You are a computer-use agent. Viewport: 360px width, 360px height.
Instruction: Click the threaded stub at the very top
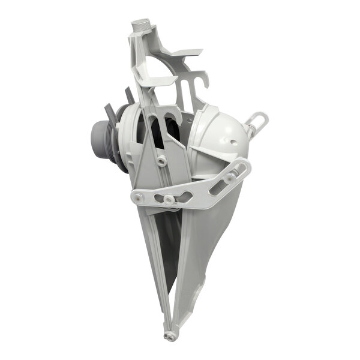tap(141, 25)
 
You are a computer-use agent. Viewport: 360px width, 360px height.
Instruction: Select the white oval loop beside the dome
tap(257, 122)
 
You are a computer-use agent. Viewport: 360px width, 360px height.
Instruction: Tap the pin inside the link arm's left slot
tap(169, 199)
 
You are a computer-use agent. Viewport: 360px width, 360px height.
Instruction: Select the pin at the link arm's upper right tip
tap(242, 167)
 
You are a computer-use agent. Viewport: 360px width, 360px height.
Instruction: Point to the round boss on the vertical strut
tap(161, 160)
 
